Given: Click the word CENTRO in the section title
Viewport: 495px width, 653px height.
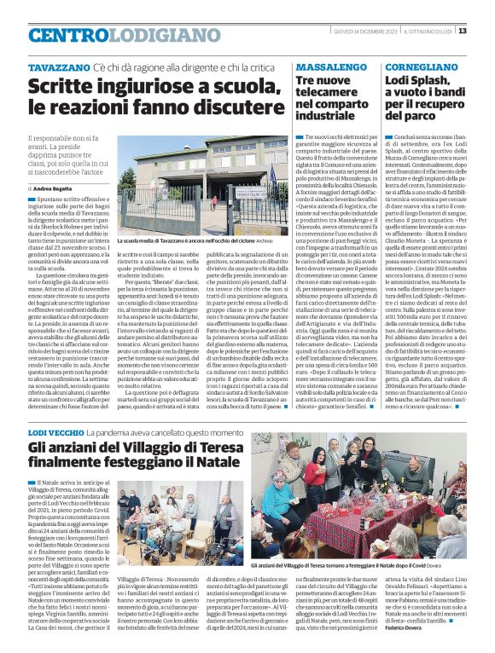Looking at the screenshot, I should tap(68, 35).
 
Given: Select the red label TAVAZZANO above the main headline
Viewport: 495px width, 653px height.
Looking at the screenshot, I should tap(58, 66).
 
